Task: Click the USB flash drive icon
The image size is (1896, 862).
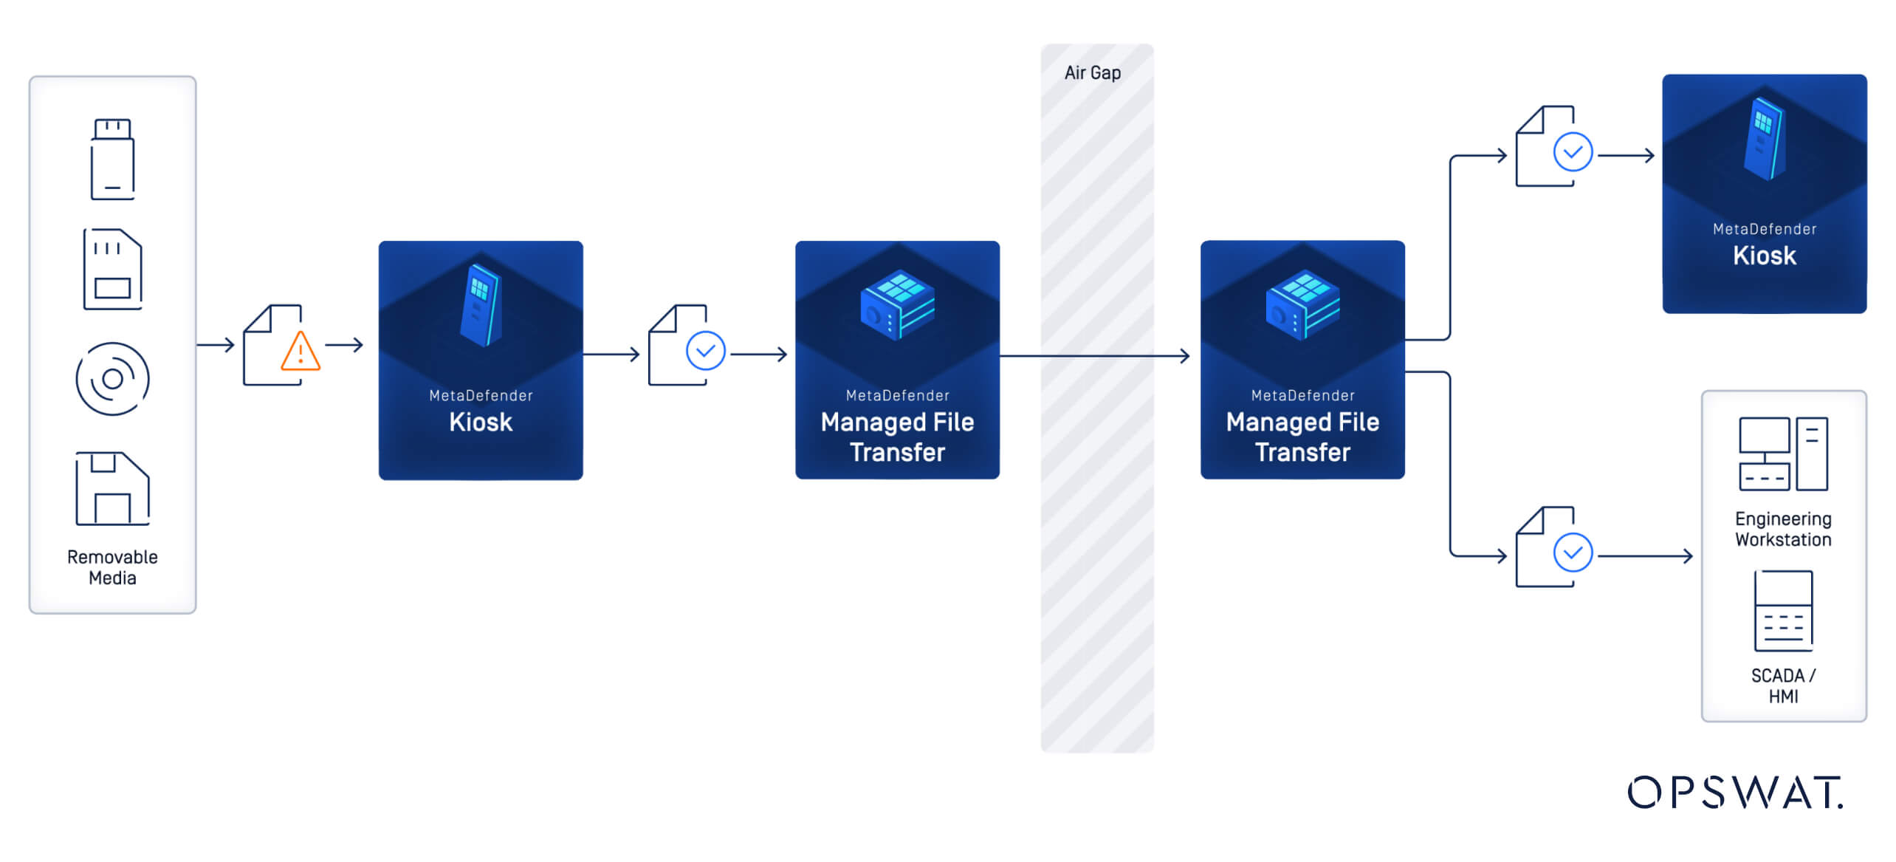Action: pyautogui.click(x=112, y=159)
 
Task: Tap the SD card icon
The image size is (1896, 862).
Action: pyautogui.click(x=112, y=269)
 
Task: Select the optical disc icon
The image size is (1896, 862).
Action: pyautogui.click(x=112, y=379)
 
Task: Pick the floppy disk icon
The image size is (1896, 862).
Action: pyautogui.click(x=112, y=488)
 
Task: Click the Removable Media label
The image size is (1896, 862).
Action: pyautogui.click(x=112, y=567)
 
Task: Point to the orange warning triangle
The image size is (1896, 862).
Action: pyautogui.click(x=300, y=352)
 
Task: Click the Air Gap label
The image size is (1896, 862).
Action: pyautogui.click(x=1092, y=73)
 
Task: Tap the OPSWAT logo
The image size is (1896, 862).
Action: pyautogui.click(x=1735, y=792)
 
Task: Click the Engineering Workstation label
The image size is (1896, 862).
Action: pyautogui.click(x=1782, y=529)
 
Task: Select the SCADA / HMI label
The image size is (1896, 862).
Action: pyautogui.click(x=1782, y=685)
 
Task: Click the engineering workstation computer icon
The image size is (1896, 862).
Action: pyautogui.click(x=1782, y=454)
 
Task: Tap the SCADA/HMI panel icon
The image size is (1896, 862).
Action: pyautogui.click(x=1782, y=610)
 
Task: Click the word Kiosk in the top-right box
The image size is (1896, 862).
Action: pyautogui.click(x=1764, y=256)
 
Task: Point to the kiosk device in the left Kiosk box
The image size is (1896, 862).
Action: pyautogui.click(x=481, y=305)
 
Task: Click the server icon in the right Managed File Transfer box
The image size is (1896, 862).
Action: pyautogui.click(x=1302, y=304)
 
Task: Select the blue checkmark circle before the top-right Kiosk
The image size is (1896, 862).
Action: pyautogui.click(x=1573, y=152)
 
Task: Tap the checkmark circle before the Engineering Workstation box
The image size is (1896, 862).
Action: pyautogui.click(x=1573, y=553)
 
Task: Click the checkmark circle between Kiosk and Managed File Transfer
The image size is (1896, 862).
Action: pyautogui.click(x=705, y=351)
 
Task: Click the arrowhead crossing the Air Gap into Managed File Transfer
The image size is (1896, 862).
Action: pyautogui.click(x=1184, y=356)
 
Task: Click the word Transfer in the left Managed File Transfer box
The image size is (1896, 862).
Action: pyautogui.click(x=897, y=452)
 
